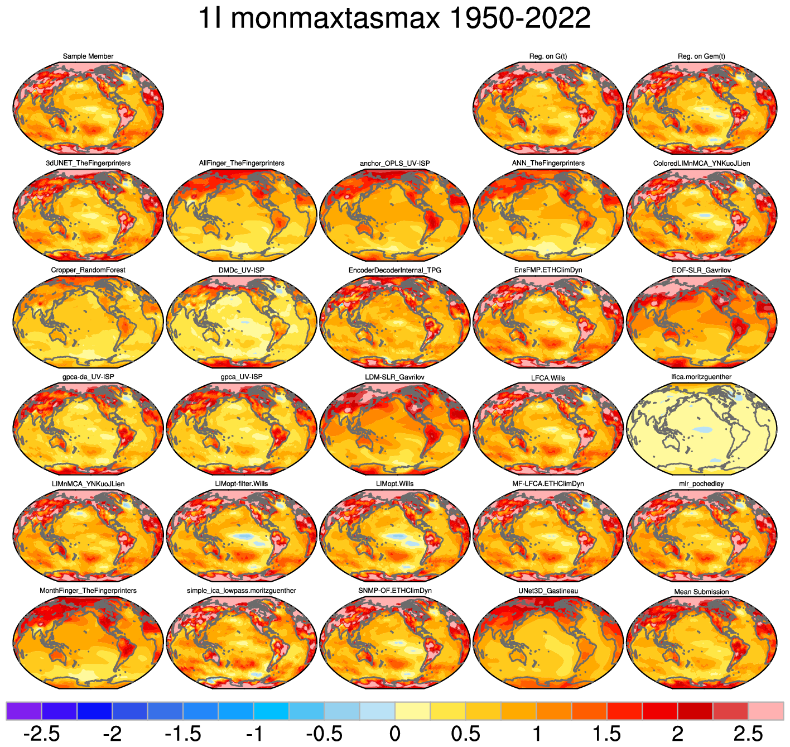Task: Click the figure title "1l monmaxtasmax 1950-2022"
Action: [394, 19]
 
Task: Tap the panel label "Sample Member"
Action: [88, 56]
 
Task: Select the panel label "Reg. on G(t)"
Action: [548, 56]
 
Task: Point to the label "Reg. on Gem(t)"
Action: [701, 56]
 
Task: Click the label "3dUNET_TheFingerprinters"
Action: [88, 163]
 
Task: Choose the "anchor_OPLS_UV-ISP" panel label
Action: [394, 163]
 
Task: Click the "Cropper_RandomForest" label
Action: [88, 270]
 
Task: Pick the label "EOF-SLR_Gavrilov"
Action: [701, 270]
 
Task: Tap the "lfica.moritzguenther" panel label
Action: [701, 377]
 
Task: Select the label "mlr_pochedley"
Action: [701, 483]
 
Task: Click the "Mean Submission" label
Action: [701, 592]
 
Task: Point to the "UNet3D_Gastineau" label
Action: [548, 591]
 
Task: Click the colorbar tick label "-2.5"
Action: [41, 733]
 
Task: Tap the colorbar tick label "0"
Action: [394, 733]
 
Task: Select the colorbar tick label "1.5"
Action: [606, 733]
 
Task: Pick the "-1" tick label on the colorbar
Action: [253, 733]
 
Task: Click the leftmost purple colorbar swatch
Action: [23, 711]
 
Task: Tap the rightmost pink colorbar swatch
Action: [765, 711]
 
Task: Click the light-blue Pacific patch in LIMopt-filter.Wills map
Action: [246, 537]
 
